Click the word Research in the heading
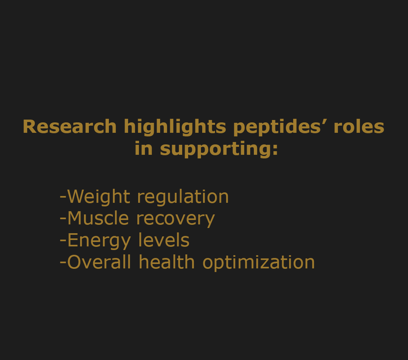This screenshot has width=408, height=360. click(x=70, y=126)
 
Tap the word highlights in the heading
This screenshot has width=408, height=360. click(x=175, y=127)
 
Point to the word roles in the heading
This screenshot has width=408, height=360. click(x=359, y=126)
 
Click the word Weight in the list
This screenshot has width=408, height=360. click(x=98, y=197)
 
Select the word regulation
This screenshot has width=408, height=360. click(x=183, y=197)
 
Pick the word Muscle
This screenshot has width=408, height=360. click(x=98, y=218)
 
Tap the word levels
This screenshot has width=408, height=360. click(x=164, y=240)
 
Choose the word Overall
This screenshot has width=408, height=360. click(x=99, y=262)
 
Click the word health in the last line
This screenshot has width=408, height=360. click(x=167, y=262)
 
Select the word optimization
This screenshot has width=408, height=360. click(x=259, y=263)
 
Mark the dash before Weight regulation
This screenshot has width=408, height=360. click(x=63, y=198)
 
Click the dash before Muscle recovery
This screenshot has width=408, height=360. click(x=63, y=220)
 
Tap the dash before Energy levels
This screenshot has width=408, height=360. click(x=63, y=242)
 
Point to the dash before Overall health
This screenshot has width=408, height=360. click(x=63, y=264)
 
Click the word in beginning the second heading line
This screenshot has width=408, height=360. click(x=143, y=148)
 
